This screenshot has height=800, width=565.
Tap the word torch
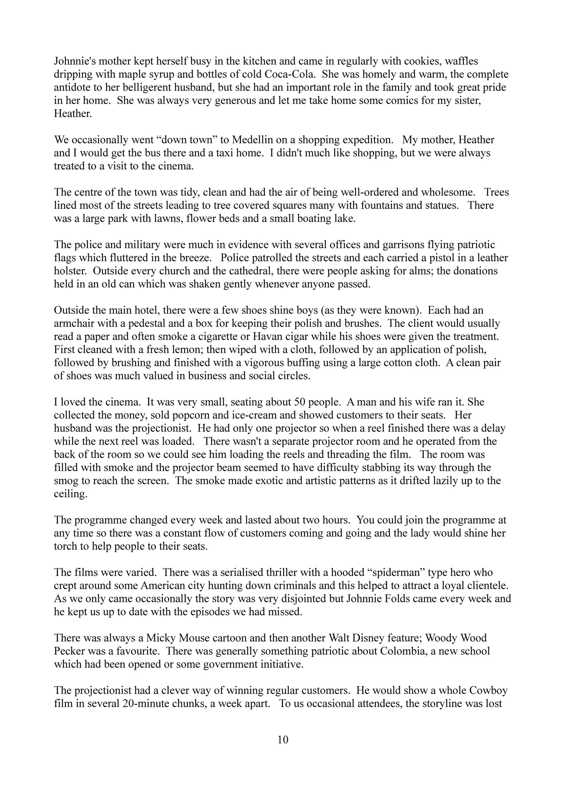coord(65,546)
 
